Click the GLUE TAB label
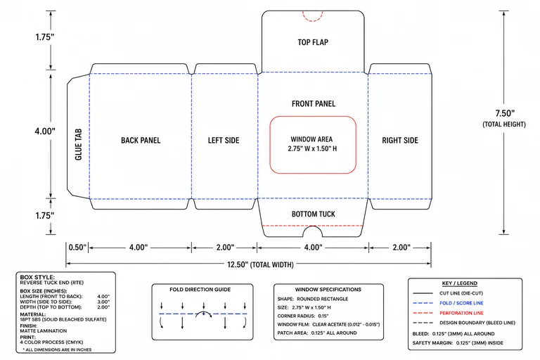click(x=79, y=144)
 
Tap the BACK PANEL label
click(x=141, y=140)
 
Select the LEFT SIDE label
click(x=224, y=140)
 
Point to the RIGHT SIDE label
click(x=400, y=140)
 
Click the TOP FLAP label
click(x=313, y=42)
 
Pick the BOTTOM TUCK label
click(x=314, y=214)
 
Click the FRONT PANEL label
click(x=314, y=103)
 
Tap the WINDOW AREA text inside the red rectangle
click(x=311, y=139)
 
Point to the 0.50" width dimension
click(x=77, y=247)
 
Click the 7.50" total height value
click(x=505, y=113)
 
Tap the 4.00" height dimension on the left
click(x=45, y=131)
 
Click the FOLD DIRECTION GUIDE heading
click(x=200, y=290)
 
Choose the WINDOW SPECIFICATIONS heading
click(x=328, y=290)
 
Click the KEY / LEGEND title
click(x=460, y=283)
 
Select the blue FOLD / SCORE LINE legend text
click(x=461, y=303)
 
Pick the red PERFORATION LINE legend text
click(x=461, y=313)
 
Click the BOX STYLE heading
click(x=37, y=277)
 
